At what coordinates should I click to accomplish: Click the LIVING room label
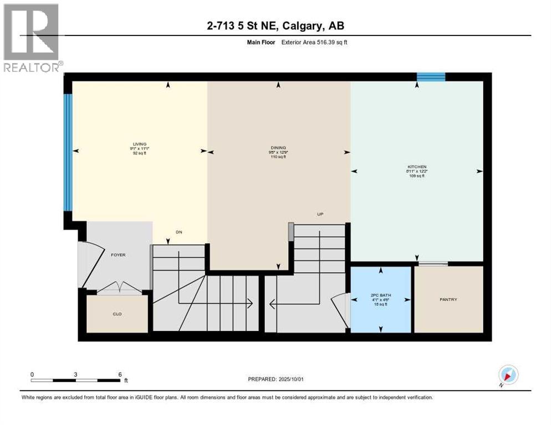[139, 144]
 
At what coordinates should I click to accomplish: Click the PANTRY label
[449, 299]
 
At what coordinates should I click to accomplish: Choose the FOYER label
[118, 255]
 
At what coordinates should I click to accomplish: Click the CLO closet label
[117, 314]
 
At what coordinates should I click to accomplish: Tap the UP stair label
[320, 214]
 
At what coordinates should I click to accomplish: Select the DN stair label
[178, 232]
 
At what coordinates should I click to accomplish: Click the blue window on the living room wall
[68, 152]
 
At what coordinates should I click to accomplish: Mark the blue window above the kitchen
[431, 77]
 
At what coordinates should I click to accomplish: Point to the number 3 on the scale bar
[75, 374]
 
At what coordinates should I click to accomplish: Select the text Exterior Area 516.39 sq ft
[314, 42]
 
